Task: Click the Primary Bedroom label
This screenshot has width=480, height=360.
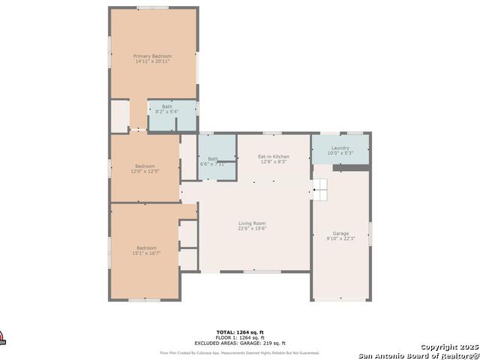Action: click(153, 56)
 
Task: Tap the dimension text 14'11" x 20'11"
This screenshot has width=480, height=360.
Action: click(153, 61)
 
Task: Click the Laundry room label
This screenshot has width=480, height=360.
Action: click(340, 148)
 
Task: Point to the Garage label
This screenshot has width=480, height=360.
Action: click(340, 233)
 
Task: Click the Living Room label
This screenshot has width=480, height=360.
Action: click(252, 223)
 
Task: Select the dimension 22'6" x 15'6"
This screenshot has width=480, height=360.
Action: click(252, 229)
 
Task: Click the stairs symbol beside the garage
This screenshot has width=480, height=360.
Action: click(320, 192)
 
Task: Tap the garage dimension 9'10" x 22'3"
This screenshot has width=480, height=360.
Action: click(340, 238)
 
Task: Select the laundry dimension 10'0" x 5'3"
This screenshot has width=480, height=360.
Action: click(340, 153)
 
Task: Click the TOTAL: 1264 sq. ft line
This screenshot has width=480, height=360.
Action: click(240, 332)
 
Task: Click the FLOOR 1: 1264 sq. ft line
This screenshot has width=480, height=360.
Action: click(240, 337)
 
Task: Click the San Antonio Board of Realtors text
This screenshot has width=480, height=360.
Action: click(418, 355)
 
